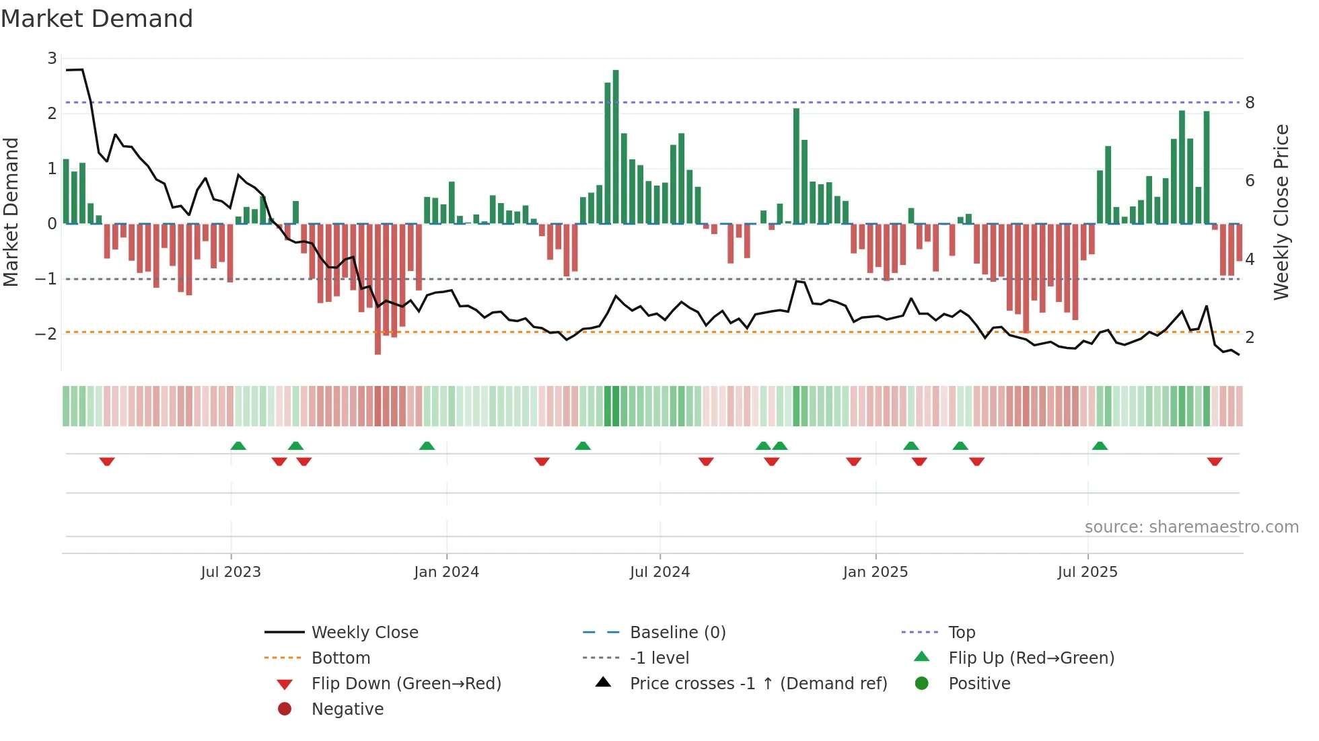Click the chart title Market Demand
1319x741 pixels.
[97, 19]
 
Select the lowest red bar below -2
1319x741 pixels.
[378, 289]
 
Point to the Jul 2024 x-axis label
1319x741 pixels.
[659, 572]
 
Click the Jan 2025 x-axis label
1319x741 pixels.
[875, 572]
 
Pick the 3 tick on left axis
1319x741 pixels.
[52, 58]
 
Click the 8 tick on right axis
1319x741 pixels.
[1250, 103]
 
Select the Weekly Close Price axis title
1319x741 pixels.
[1281, 212]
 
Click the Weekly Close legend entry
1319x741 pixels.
[364, 633]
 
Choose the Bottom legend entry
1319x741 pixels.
[341, 658]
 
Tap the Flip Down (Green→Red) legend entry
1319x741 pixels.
[406, 684]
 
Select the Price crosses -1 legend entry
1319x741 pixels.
[758, 684]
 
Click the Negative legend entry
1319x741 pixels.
[347, 709]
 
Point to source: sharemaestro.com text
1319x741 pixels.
[1191, 527]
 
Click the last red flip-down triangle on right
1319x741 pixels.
[1215, 461]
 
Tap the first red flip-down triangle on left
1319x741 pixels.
[107, 461]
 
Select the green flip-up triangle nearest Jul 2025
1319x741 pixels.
[1100, 446]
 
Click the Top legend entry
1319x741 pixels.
[962, 633]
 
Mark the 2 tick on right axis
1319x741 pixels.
[1250, 338]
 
